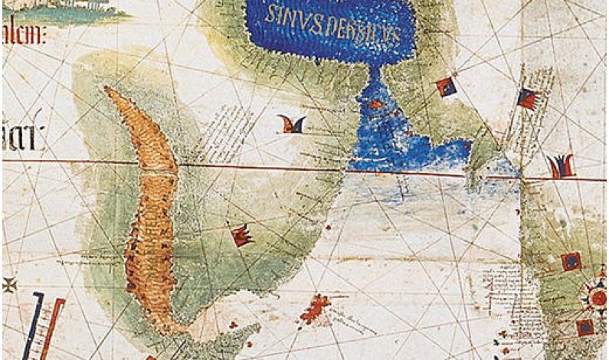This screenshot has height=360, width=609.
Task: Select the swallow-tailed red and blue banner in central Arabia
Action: (x=292, y=123)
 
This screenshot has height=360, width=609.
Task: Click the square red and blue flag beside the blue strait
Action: (x=446, y=87)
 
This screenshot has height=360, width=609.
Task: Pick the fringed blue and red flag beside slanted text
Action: (x=527, y=98)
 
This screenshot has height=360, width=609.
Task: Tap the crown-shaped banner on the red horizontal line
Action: (x=561, y=165)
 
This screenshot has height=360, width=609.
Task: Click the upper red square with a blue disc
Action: (x=571, y=262)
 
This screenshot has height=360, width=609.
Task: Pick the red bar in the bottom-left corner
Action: (x=54, y=326)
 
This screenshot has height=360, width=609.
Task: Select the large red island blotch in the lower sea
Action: (x=316, y=309)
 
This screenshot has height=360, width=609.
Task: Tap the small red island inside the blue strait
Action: (x=376, y=103)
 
